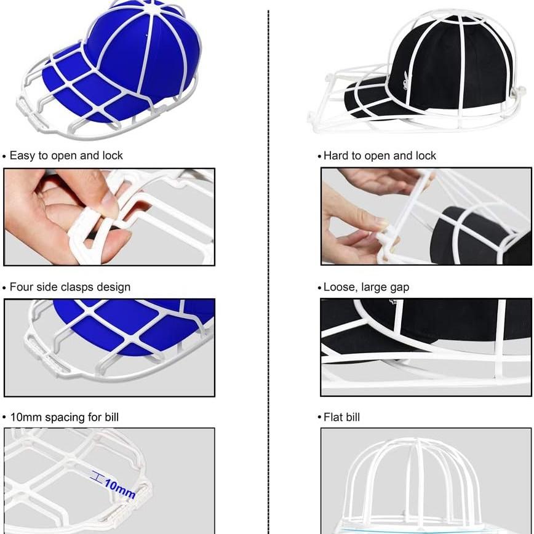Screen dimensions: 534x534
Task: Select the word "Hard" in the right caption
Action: pos(336,156)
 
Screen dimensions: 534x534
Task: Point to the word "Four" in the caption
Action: pos(22,287)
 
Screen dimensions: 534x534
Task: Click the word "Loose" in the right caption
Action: pos(339,287)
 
